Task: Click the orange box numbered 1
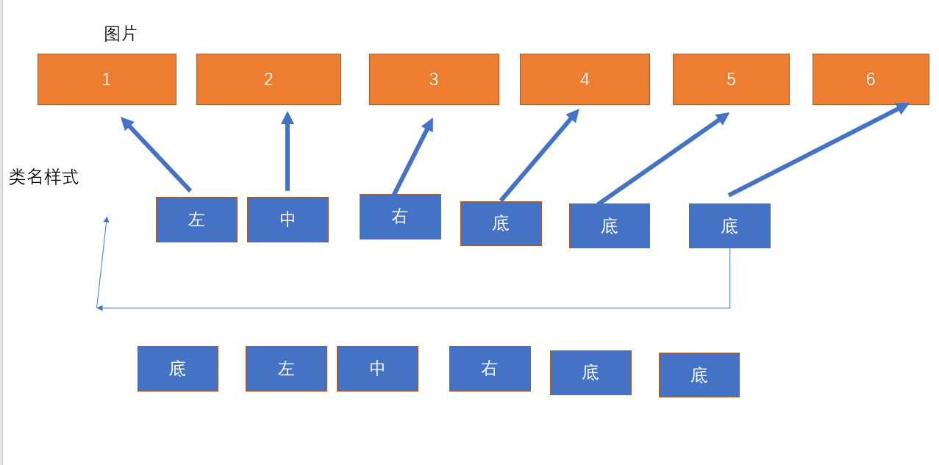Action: tap(107, 79)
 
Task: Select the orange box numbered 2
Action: tap(268, 79)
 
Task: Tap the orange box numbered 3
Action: tap(434, 79)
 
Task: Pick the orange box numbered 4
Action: tap(585, 79)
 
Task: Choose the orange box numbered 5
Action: tap(731, 79)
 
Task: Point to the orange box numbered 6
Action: tap(871, 79)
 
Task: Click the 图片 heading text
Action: tap(121, 34)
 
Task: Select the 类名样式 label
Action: tap(43, 177)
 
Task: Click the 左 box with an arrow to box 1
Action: tap(196, 220)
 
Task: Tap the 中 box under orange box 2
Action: tap(288, 220)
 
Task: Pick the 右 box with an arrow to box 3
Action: tap(400, 217)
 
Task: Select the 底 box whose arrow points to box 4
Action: tap(501, 223)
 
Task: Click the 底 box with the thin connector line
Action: tap(729, 226)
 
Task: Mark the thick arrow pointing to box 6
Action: tap(818, 150)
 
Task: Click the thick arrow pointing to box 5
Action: tap(662, 159)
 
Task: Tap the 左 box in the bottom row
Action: tap(286, 369)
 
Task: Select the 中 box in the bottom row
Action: tap(377, 369)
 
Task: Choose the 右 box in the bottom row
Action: tap(490, 369)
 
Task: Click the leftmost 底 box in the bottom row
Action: tap(178, 369)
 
